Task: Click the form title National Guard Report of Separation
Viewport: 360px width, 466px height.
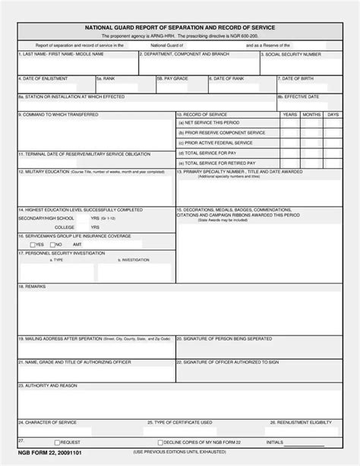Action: tap(179, 27)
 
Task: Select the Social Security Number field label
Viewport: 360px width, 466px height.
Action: tap(292, 55)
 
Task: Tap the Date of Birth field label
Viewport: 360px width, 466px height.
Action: tap(296, 78)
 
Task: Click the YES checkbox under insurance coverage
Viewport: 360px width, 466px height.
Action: tap(32, 244)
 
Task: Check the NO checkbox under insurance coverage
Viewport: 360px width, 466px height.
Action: tap(50, 244)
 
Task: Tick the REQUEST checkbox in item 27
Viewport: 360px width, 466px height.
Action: tap(57, 442)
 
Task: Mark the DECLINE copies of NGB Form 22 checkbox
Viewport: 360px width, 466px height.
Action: tap(159, 442)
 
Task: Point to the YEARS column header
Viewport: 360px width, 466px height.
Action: tap(289, 114)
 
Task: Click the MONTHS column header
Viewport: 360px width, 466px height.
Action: tap(311, 114)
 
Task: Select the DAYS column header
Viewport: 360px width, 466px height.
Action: tap(333, 114)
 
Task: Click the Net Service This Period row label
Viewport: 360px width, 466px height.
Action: tap(209, 122)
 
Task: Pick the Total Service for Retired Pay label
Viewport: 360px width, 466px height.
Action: tap(217, 163)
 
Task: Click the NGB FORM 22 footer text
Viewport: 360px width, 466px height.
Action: tap(43, 452)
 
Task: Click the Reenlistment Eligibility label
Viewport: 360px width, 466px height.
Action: tap(301, 422)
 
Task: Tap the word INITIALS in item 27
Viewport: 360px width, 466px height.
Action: tap(275, 442)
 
